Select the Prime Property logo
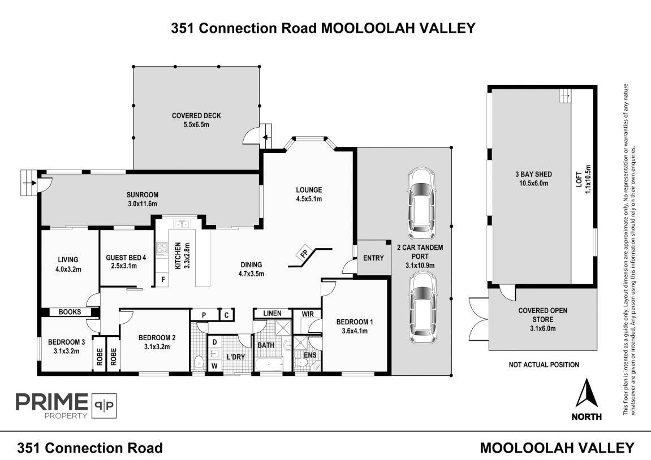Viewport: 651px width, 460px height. point(66,405)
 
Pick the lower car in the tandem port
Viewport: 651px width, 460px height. point(421,307)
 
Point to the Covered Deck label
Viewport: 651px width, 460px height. point(196,116)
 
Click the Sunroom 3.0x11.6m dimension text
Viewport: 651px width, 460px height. point(142,203)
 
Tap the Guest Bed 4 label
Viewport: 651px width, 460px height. point(126,258)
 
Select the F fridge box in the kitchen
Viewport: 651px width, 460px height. point(163,280)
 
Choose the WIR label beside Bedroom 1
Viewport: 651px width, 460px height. point(308,314)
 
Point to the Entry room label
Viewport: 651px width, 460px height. point(373,258)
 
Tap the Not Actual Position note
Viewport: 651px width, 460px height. point(544,364)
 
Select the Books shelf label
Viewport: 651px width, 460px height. point(70,312)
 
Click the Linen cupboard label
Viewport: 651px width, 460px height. point(272,313)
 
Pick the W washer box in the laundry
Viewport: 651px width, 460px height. point(215,366)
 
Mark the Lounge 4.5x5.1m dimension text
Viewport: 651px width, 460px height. point(309,199)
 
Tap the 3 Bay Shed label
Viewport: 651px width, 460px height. point(533,174)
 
